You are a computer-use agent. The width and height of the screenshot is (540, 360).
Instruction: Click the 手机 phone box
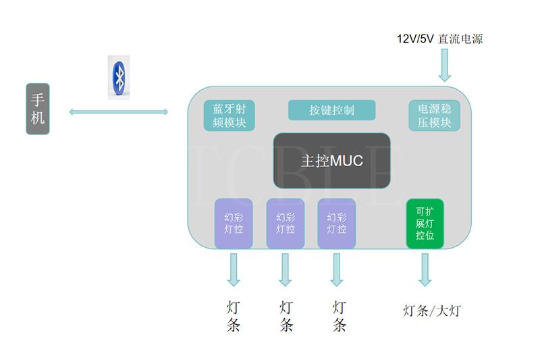[38, 109]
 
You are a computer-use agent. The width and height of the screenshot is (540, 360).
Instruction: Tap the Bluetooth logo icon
[119, 77]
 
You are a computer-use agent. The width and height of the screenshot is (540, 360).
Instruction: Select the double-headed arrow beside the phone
[118, 111]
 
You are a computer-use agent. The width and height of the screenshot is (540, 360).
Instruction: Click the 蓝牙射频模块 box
[230, 115]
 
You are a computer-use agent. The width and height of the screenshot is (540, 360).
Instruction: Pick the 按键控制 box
[331, 110]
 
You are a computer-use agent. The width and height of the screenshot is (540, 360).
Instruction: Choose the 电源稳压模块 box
[435, 115]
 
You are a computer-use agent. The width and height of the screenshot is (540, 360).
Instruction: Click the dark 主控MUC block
[331, 161]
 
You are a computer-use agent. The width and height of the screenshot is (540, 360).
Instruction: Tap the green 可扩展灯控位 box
[425, 224]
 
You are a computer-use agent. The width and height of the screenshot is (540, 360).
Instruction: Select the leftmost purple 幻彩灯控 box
[234, 224]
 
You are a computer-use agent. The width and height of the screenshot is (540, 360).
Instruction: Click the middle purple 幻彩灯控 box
[286, 224]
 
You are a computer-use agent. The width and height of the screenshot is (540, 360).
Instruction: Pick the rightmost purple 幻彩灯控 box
[337, 224]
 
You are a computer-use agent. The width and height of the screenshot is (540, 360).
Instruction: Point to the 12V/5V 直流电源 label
[439, 38]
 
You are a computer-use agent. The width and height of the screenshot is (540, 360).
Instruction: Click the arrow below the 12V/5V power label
[445, 67]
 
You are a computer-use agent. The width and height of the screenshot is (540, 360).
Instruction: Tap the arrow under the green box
[425, 269]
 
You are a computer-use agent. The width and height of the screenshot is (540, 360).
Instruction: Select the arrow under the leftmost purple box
[234, 269]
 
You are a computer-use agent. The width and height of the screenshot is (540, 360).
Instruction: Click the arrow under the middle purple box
[286, 269]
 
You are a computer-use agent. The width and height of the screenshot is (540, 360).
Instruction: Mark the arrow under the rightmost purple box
[337, 269]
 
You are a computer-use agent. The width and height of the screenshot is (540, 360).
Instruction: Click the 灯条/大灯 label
[432, 311]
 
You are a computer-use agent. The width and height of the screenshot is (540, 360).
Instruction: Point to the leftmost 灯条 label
[234, 316]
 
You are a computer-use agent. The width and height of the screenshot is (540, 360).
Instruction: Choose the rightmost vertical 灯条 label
[340, 316]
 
